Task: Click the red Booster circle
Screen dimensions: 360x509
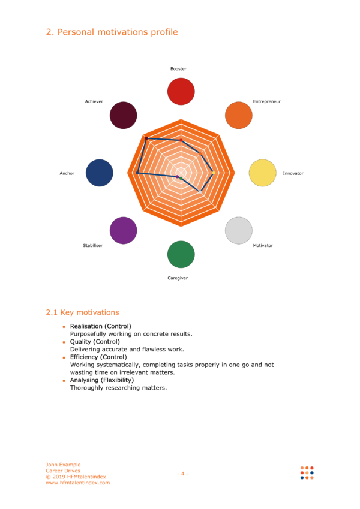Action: [x=181, y=92]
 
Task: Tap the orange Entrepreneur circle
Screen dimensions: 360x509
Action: [x=238, y=115]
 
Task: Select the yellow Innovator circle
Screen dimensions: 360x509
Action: [x=263, y=173]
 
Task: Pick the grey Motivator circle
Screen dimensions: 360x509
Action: [x=238, y=230]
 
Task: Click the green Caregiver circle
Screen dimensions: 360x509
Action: [x=181, y=254]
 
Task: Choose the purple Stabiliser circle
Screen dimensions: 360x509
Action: [x=124, y=230]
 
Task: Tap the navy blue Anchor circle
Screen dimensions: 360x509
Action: [x=100, y=173]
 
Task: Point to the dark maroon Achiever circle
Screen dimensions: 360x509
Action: [x=124, y=115]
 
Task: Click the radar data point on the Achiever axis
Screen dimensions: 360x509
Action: [x=146, y=138]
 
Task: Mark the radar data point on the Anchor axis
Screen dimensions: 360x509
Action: [x=138, y=173]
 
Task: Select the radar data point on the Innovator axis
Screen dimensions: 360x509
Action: [x=214, y=173]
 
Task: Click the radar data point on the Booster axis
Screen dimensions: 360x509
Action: [x=181, y=140]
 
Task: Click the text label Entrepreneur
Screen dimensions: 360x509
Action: [x=267, y=101]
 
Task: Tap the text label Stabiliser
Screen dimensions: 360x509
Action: [x=93, y=245]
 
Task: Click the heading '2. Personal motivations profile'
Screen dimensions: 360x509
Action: [x=112, y=32]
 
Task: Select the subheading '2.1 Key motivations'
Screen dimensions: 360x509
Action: [x=83, y=312]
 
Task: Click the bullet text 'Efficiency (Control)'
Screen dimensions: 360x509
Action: [x=98, y=357]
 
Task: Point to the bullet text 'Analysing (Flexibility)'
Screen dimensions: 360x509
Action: [x=102, y=380]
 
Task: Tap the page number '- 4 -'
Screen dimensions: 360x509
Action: [x=182, y=474]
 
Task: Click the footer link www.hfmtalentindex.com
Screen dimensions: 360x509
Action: [x=78, y=483]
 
